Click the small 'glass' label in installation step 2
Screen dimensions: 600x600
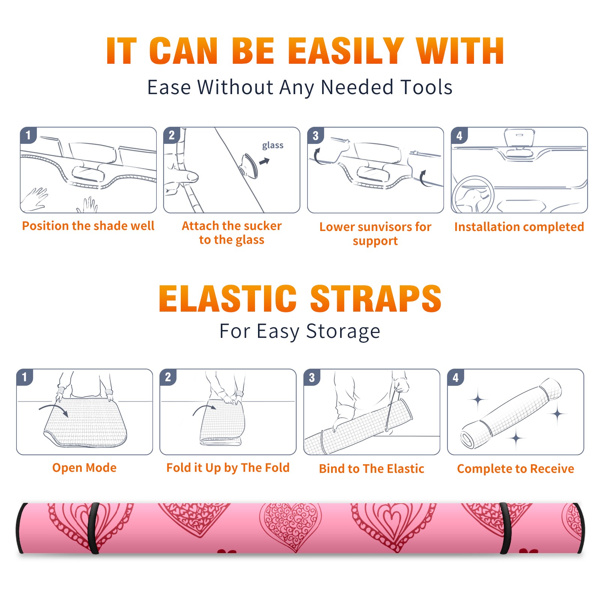[x=273, y=145]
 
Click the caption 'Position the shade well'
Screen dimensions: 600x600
[x=88, y=226]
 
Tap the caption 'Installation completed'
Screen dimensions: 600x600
[x=519, y=227]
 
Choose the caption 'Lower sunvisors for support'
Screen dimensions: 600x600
[x=375, y=234]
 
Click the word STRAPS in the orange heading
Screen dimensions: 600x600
[x=376, y=298]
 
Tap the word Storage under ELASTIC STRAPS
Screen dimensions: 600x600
[x=343, y=331]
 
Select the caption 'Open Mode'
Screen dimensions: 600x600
[x=84, y=468]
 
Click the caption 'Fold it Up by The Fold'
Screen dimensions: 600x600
[x=228, y=468]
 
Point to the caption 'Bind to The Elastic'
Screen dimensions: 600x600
[x=372, y=469]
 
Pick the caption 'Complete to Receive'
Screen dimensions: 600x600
[x=516, y=469]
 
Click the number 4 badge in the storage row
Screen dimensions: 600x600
[x=456, y=378]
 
